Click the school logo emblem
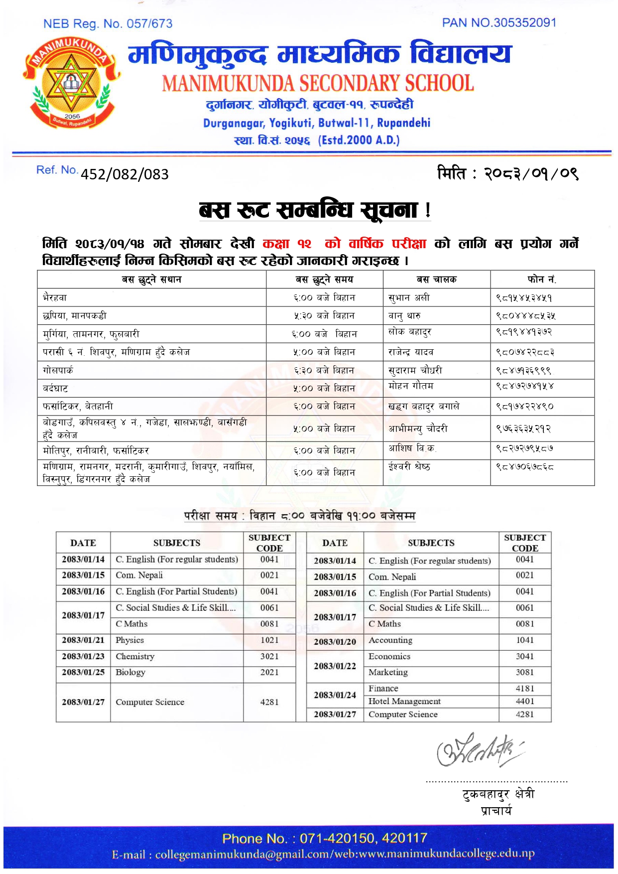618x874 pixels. [71, 83]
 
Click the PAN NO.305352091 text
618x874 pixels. [498, 23]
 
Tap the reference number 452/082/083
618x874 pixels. [124, 174]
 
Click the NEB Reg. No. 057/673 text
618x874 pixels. [108, 23]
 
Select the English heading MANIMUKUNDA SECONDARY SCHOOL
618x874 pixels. [318, 83]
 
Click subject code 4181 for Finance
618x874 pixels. [525, 689]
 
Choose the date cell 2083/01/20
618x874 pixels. [335, 642]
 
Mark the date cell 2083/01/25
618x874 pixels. [83, 673]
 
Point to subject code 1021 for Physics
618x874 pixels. [269, 640]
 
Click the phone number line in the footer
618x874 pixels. [325, 839]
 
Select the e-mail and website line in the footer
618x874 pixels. [323, 855]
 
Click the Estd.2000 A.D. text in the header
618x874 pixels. [359, 140]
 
